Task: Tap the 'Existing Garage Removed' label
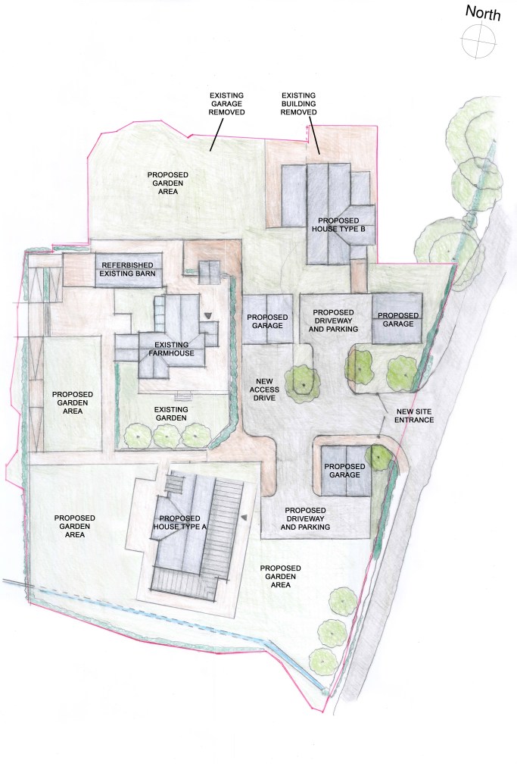click(x=226, y=104)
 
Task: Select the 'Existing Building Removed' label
click(x=298, y=104)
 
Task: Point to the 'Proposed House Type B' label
click(x=338, y=224)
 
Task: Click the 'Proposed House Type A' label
click(x=179, y=523)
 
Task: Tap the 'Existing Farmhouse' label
click(x=172, y=349)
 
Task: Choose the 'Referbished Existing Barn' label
click(x=127, y=269)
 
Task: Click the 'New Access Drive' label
click(x=264, y=390)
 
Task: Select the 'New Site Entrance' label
click(x=414, y=416)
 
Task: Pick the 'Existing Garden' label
click(x=171, y=414)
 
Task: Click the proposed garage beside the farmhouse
click(x=267, y=319)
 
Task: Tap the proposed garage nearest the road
click(x=397, y=319)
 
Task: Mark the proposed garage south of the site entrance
click(x=345, y=471)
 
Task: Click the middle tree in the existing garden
click(x=167, y=436)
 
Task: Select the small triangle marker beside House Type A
click(x=244, y=517)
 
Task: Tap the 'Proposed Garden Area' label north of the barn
click(x=167, y=183)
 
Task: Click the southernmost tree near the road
click(x=324, y=661)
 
